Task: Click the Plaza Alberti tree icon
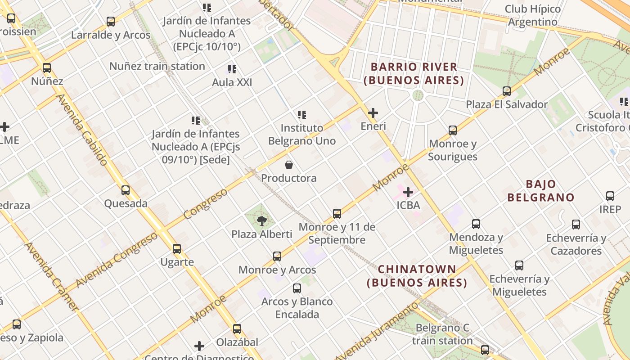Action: click(x=261, y=220)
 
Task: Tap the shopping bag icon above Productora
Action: click(x=289, y=165)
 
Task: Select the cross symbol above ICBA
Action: click(x=408, y=192)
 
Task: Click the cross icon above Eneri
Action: click(x=373, y=113)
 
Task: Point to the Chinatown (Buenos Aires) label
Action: click(x=417, y=276)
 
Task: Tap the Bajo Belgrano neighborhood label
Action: click(x=541, y=191)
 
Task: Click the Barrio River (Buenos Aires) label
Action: click(x=414, y=74)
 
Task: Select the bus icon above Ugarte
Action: click(x=177, y=248)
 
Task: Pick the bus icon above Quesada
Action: click(x=126, y=190)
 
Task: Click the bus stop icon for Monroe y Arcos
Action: click(x=277, y=256)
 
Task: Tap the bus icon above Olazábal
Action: click(x=237, y=328)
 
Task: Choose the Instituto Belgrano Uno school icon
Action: click(x=302, y=115)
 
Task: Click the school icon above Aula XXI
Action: click(x=232, y=69)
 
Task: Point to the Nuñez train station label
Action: click(x=157, y=66)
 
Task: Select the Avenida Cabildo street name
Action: click(x=81, y=130)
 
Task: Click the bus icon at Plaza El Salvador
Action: click(x=507, y=91)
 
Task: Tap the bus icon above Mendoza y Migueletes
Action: click(x=476, y=224)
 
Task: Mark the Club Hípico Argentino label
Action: click(x=533, y=15)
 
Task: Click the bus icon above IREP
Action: click(x=610, y=196)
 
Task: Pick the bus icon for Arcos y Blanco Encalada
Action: click(x=297, y=288)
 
